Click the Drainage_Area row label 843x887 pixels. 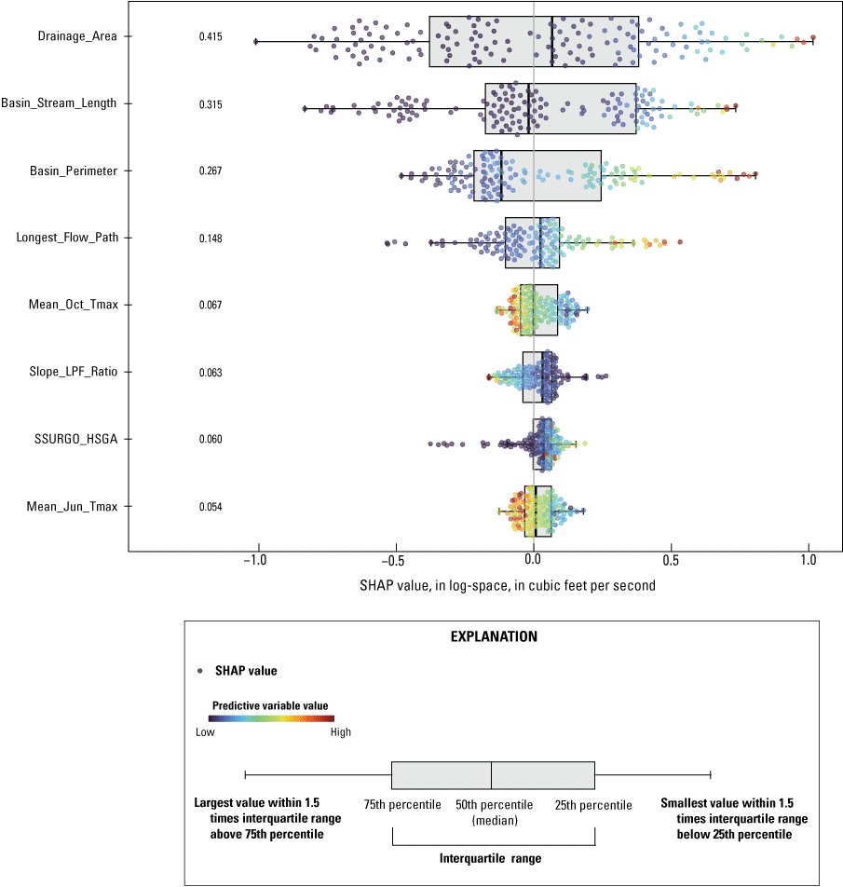(72, 36)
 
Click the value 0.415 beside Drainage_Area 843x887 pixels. (211, 36)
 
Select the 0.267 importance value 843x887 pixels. (211, 171)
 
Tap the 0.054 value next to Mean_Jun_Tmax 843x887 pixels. (211, 506)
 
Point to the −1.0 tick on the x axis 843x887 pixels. (255, 561)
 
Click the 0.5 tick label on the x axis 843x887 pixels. (670, 561)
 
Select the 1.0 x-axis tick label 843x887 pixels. (809, 561)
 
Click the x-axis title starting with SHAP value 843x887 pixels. (507, 586)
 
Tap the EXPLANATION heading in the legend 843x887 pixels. (494, 638)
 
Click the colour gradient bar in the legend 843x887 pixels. (270, 718)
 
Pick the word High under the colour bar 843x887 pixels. (341, 732)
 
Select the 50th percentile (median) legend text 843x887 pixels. (494, 812)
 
